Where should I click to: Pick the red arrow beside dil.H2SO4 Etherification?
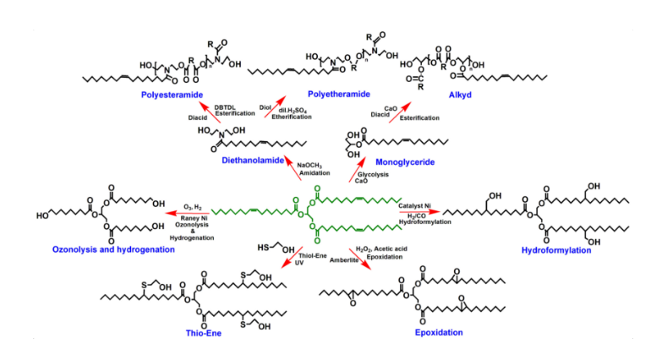(273, 111)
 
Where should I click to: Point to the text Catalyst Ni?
(417, 205)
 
